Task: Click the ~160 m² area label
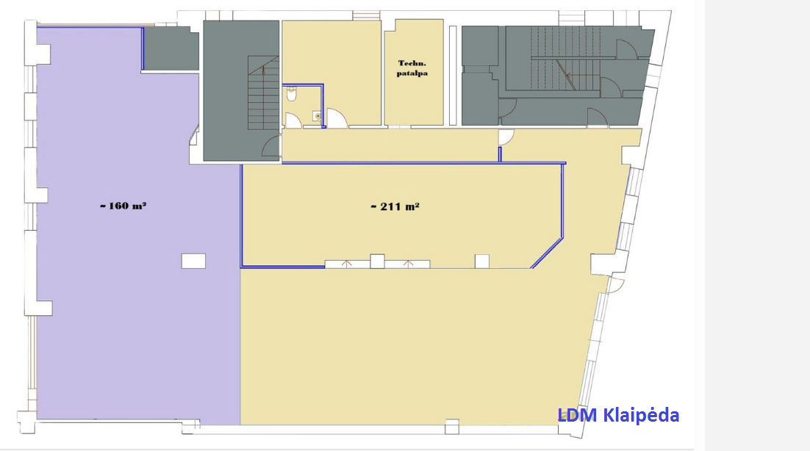tap(123, 206)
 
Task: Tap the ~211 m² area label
tap(395, 206)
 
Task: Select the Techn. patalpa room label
tap(412, 68)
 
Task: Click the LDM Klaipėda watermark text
tap(618, 415)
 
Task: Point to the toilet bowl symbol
tap(291, 93)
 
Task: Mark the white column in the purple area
tap(193, 261)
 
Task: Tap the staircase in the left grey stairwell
tap(263, 93)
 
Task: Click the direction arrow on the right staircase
tap(566, 74)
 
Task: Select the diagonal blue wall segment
tap(547, 253)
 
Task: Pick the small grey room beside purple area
tap(171, 48)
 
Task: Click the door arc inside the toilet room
tap(293, 120)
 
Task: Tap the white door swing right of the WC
tap(337, 118)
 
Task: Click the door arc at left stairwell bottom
tap(270, 146)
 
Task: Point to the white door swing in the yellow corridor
tap(506, 137)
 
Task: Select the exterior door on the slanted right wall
tap(616, 285)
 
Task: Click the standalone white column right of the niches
tap(482, 261)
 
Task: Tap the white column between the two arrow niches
tap(377, 261)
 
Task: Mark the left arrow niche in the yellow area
tap(347, 264)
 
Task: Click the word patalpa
tap(412, 73)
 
